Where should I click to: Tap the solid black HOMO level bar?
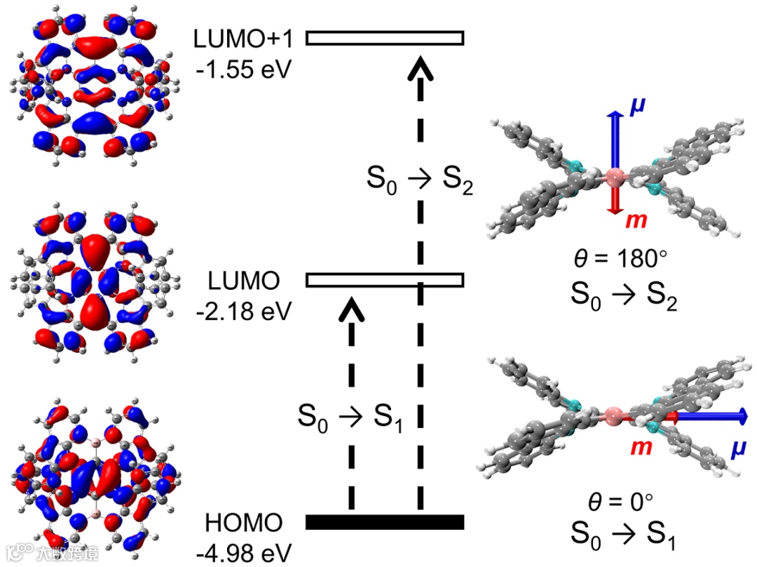pyautogui.click(x=385, y=521)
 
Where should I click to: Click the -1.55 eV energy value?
pyautogui.click(x=242, y=70)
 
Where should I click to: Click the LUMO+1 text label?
pyautogui.click(x=240, y=39)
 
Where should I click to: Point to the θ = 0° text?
pyautogui.click(x=619, y=502)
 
